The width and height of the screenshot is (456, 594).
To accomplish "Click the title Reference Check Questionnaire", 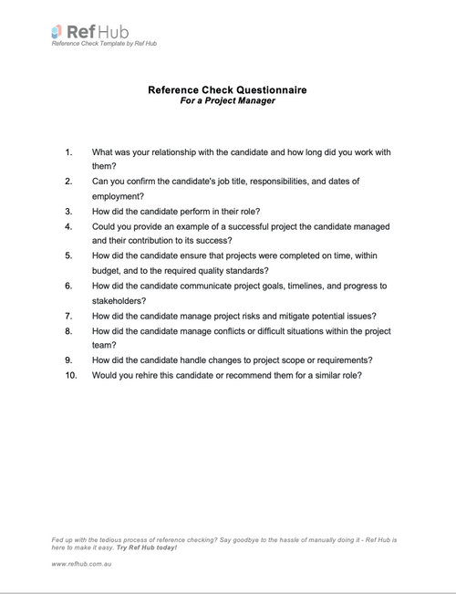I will tap(227, 90).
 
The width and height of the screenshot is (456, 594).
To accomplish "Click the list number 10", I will tap(71, 374).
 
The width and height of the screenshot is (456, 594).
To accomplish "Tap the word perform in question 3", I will tap(202, 211).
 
